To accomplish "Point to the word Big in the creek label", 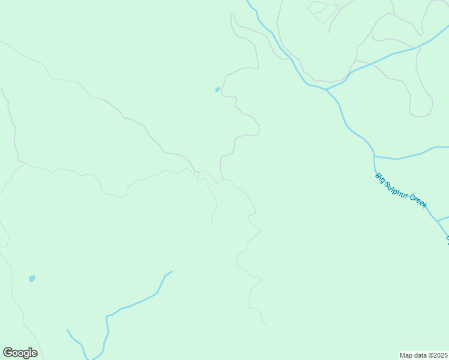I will pos(380,177).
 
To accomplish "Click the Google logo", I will pos(20,353).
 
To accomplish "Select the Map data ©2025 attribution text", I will pos(424,355).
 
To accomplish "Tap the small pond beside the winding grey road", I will pos(217,90).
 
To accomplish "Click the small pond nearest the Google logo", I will pos(32,278).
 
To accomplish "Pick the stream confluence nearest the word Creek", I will pos(438,221).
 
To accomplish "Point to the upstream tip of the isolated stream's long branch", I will pos(172,271).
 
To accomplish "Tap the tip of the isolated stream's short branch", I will pos(67,329).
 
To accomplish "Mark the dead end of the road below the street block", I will pos(328,34).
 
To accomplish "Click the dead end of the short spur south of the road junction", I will pos(212,223).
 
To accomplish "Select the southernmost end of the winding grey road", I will pos(266,324).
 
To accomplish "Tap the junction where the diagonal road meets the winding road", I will pos(197,173).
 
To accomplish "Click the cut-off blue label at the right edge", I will pos(447,240).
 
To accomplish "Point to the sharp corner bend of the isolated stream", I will pos(107,317).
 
